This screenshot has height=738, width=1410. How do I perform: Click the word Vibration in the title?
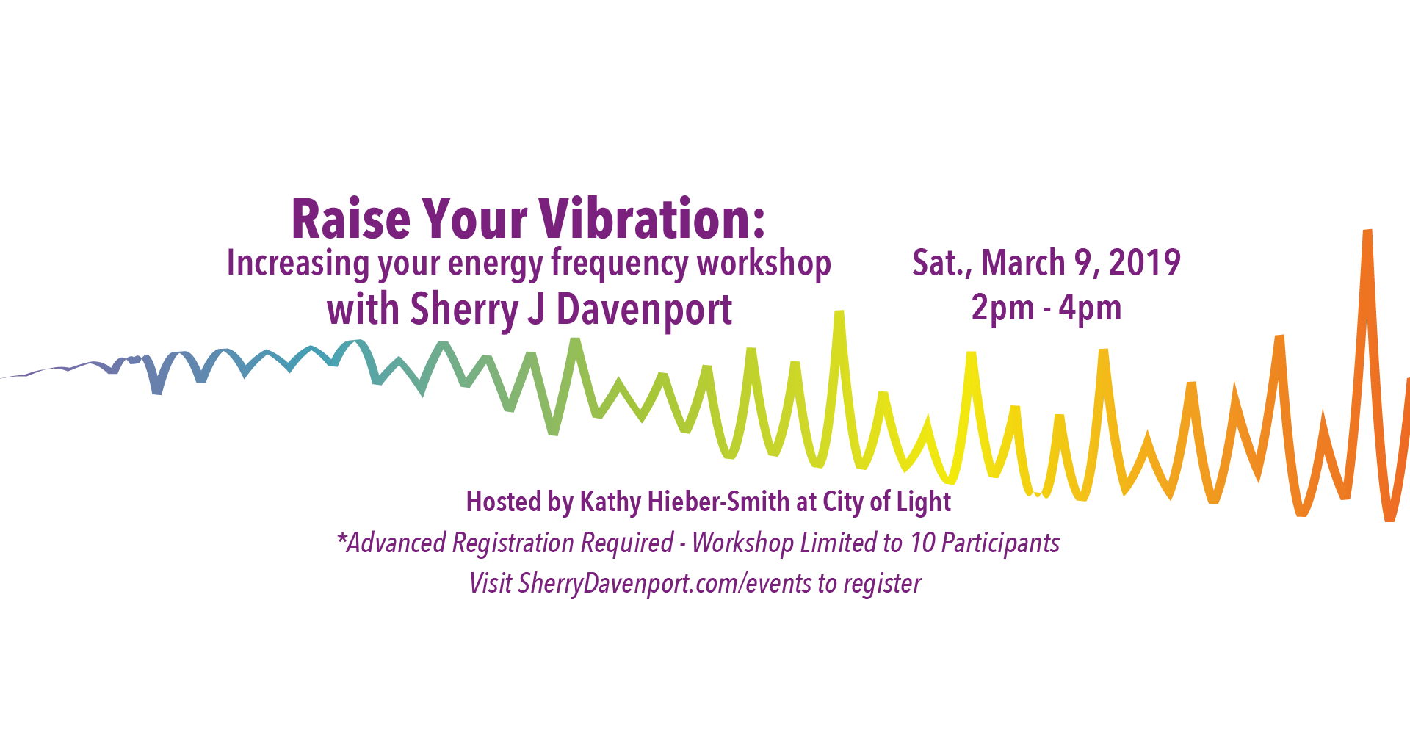tap(652, 219)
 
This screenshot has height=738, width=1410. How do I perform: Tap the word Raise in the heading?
tap(351, 219)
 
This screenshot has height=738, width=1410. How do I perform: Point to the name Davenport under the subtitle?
tap(644, 310)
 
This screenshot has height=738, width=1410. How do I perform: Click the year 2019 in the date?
tap(1144, 263)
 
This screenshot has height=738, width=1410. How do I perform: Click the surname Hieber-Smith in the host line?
tap(708, 502)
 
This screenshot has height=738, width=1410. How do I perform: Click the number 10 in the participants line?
tap(922, 543)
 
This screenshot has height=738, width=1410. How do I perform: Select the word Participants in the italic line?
tap(1001, 543)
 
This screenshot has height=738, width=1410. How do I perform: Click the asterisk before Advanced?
tap(341, 538)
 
